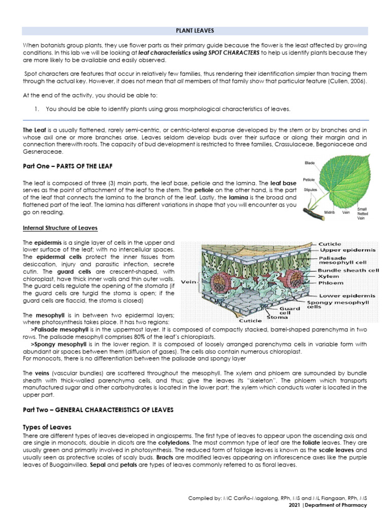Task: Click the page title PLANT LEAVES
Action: pos(195,31)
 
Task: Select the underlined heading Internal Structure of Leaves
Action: pos(60,227)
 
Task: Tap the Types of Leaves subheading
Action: pos(47,426)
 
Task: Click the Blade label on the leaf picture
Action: pos(309,163)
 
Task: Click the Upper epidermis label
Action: pos(347,250)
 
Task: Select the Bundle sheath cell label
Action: pos(348,270)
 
